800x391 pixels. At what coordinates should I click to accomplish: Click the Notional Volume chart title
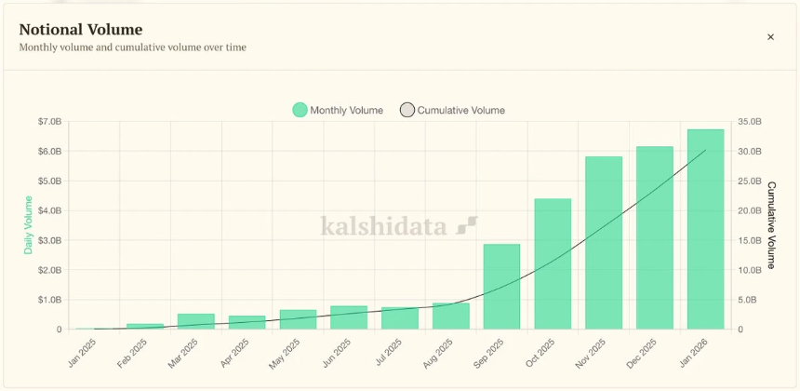(81, 29)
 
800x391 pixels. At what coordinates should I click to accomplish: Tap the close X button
(770, 37)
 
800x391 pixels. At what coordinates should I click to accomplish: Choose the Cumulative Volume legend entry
(453, 110)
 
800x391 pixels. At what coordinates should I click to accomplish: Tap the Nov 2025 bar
(604, 243)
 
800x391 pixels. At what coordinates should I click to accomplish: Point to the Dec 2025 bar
(654, 237)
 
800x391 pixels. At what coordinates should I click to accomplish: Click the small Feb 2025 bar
(145, 326)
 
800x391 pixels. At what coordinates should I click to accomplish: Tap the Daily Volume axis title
(28, 226)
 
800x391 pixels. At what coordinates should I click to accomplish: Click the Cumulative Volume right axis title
(771, 225)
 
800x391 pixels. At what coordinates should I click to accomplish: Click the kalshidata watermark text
(383, 226)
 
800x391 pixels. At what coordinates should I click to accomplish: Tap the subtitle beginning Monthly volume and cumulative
(133, 47)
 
